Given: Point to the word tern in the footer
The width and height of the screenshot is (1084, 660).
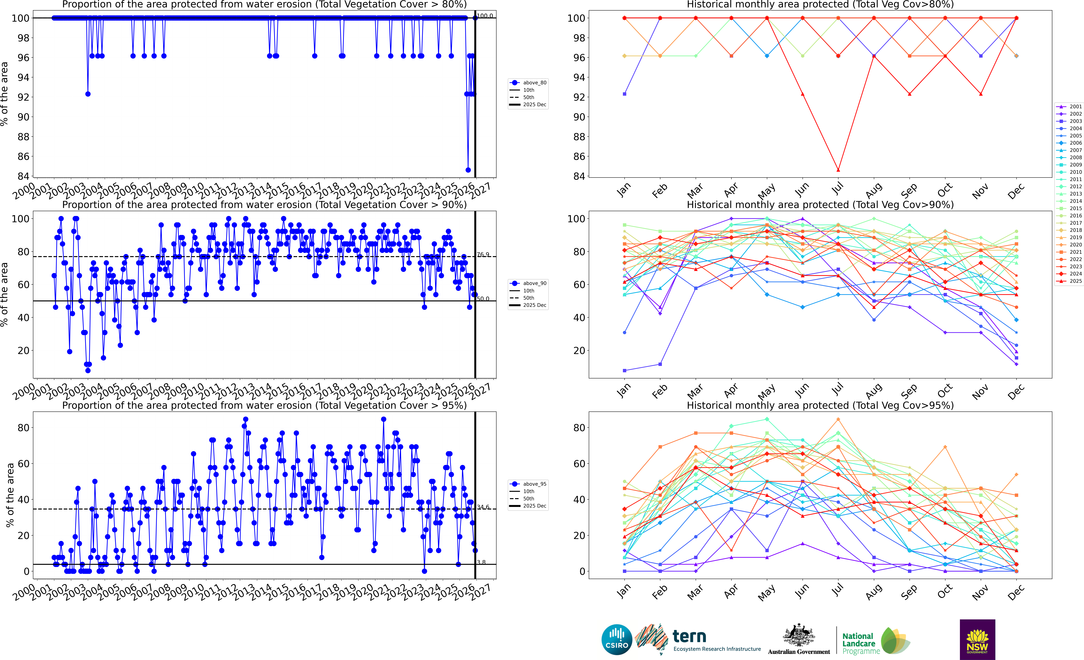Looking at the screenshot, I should [x=689, y=636].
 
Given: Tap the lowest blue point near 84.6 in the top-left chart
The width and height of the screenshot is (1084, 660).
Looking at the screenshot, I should [x=468, y=170].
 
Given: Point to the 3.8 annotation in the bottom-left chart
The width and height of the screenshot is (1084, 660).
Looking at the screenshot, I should [x=481, y=562].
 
